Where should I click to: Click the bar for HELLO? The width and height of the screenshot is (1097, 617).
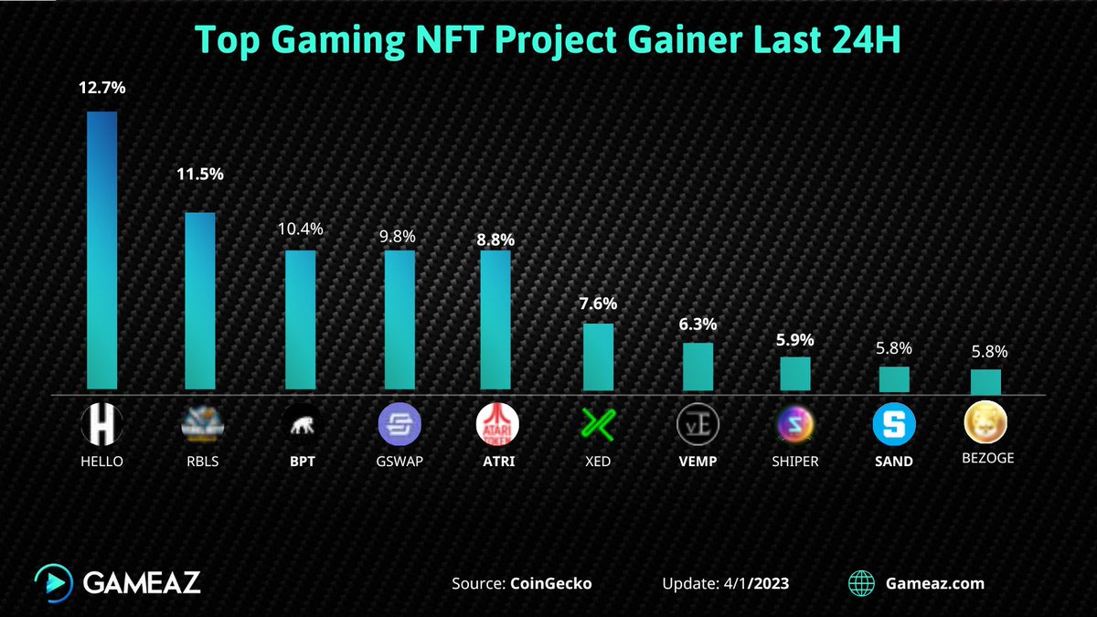pyautogui.click(x=101, y=251)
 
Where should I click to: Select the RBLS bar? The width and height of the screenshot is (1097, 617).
pyautogui.click(x=200, y=301)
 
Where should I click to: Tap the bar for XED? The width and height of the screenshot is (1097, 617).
pyautogui.click(x=598, y=356)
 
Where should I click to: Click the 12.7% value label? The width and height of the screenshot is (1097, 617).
pyautogui.click(x=101, y=90)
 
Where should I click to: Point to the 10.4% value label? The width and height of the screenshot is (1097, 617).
pyautogui.click(x=301, y=229)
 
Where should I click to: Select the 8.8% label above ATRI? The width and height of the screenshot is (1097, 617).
pyautogui.click(x=495, y=239)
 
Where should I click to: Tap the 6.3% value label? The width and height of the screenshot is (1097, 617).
pyautogui.click(x=698, y=324)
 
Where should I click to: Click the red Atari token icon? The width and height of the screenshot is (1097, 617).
pyautogui.click(x=497, y=424)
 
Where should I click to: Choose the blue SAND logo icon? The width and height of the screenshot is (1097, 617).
pyautogui.click(x=893, y=424)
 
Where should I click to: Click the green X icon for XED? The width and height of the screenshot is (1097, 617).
pyautogui.click(x=598, y=424)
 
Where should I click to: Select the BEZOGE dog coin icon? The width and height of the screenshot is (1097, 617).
pyautogui.click(x=985, y=422)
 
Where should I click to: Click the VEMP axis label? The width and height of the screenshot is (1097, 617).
pyautogui.click(x=698, y=462)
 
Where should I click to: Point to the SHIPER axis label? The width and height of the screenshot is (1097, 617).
pyautogui.click(x=795, y=462)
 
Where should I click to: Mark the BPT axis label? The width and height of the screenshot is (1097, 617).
pyautogui.click(x=301, y=462)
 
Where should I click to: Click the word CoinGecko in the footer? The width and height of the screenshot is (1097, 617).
pyautogui.click(x=550, y=583)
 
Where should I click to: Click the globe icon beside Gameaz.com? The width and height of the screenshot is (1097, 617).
pyautogui.click(x=861, y=583)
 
